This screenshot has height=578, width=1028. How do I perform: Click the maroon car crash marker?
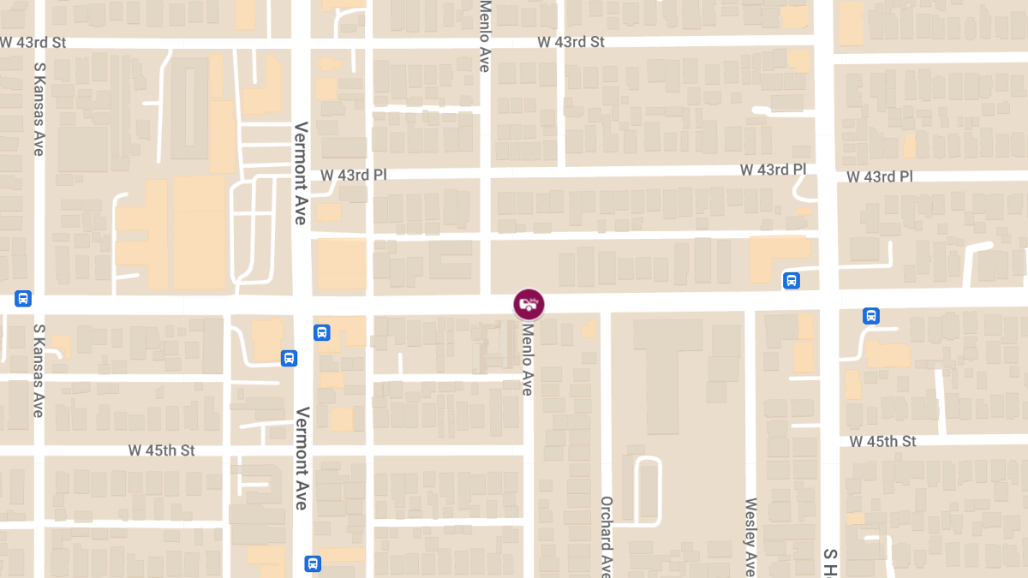click(x=529, y=304)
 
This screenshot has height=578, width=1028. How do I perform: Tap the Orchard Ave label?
click(x=606, y=536)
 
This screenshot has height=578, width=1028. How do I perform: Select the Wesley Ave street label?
click(x=750, y=537)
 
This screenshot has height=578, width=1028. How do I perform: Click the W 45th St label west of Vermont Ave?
click(x=162, y=450)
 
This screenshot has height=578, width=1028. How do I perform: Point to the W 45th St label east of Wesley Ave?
click(x=883, y=442)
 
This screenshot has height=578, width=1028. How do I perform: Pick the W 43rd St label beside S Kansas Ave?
click(x=33, y=42)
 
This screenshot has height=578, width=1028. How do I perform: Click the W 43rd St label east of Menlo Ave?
click(x=571, y=42)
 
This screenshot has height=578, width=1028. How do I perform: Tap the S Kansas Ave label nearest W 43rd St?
click(x=39, y=108)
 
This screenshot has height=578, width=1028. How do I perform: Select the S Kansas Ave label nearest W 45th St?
click(x=39, y=370)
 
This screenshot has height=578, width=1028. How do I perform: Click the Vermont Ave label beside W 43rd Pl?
click(x=300, y=174)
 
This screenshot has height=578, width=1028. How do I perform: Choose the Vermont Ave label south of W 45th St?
click(x=300, y=459)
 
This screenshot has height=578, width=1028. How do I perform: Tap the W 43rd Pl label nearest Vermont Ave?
click(x=354, y=175)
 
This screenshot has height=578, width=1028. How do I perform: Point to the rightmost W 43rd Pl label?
click(x=880, y=177)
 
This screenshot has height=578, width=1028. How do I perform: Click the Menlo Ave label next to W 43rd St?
click(x=485, y=36)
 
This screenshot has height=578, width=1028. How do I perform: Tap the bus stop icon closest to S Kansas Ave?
click(x=23, y=299)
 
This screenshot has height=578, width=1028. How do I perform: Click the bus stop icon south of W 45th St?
click(x=313, y=563)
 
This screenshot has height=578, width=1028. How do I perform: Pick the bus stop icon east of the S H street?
click(x=871, y=316)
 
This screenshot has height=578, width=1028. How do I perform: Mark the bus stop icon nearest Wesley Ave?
click(x=792, y=280)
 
